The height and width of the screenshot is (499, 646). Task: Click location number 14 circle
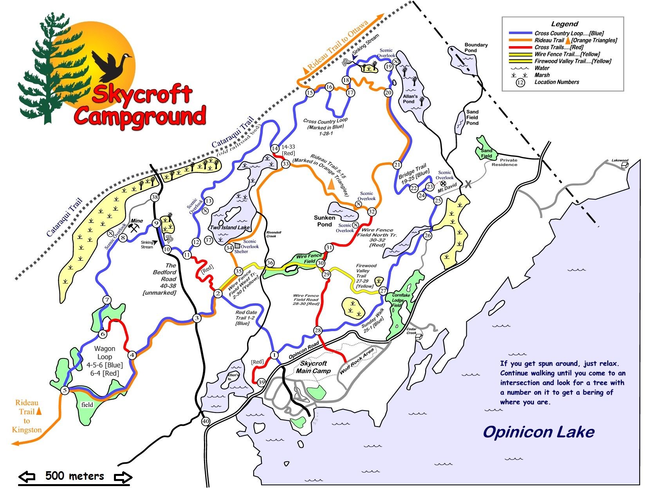click(x=275, y=148)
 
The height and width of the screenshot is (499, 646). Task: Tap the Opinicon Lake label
click(x=538, y=432)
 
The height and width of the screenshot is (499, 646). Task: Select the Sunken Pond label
click(x=325, y=221)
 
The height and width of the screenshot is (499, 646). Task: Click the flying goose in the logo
click(x=110, y=64)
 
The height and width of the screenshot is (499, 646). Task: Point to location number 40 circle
click(x=206, y=422)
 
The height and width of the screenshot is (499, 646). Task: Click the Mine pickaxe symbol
click(x=134, y=227)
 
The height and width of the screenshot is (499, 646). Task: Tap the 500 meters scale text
click(x=74, y=476)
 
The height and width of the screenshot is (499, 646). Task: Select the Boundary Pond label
click(x=476, y=48)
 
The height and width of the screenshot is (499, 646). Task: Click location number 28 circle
click(x=318, y=331)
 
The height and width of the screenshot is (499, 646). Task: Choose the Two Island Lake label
click(x=229, y=227)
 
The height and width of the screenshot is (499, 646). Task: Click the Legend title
click(x=564, y=24)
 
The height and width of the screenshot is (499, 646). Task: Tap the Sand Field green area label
click(x=486, y=153)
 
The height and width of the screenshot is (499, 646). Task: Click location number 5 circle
click(x=65, y=390)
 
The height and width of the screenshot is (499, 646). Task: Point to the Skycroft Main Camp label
click(x=313, y=367)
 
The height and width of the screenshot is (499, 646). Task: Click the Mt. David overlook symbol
click(x=443, y=183)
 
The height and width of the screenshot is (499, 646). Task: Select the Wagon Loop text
click(x=105, y=353)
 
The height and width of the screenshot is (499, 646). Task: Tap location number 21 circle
click(x=397, y=165)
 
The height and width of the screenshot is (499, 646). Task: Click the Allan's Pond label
click(x=410, y=99)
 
